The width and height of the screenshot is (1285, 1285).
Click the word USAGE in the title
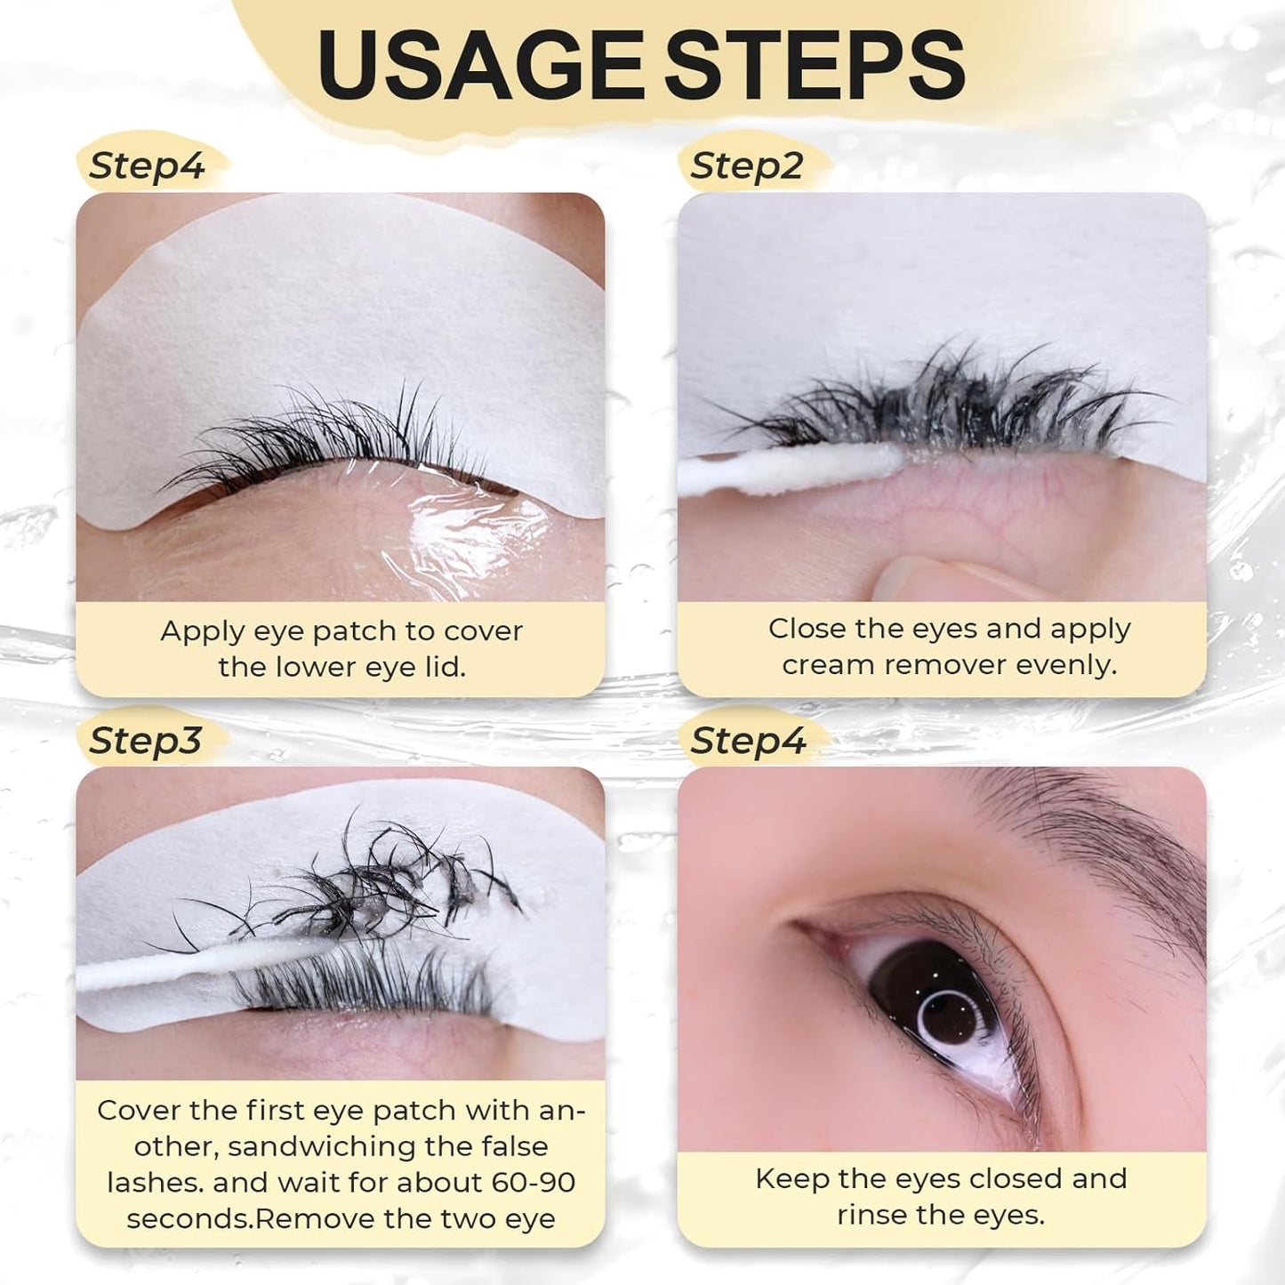tap(480, 64)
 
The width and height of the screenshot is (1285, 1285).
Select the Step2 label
tap(747, 166)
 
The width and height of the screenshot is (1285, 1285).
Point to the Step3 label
tap(145, 740)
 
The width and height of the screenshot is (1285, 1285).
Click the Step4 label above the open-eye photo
tap(748, 740)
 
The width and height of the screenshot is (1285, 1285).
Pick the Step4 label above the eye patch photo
tap(147, 166)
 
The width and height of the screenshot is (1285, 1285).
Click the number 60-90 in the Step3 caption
tap(532, 1182)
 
